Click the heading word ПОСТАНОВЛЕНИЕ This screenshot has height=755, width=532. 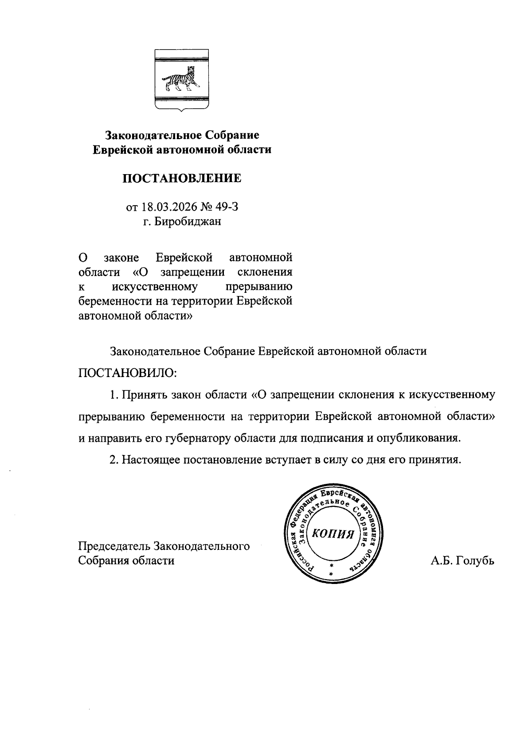(182, 179)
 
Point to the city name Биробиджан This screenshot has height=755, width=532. (188, 222)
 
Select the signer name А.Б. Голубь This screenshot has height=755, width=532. (462, 560)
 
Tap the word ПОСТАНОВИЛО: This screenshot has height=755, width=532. (128, 373)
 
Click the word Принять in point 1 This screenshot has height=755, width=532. (143, 394)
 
